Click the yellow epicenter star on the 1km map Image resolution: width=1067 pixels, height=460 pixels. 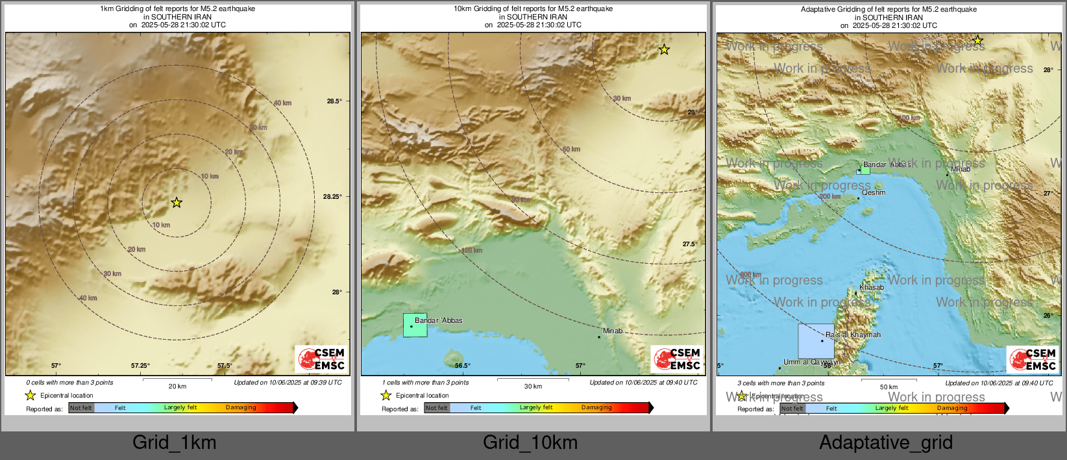pyautogui.click(x=177, y=203)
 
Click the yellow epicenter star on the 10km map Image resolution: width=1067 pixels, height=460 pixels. pyautogui.click(x=664, y=49)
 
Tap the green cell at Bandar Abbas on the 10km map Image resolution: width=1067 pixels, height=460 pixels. pyautogui.click(x=415, y=325)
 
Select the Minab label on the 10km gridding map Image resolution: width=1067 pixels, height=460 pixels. pyautogui.click(x=612, y=331)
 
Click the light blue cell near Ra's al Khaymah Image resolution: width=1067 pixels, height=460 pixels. pyautogui.click(x=816, y=341)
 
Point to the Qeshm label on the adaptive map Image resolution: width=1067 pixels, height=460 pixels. pyautogui.click(x=874, y=192)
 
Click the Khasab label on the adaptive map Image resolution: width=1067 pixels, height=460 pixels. pyautogui.click(x=872, y=287)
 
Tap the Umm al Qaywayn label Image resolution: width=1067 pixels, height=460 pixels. pyautogui.click(x=811, y=362)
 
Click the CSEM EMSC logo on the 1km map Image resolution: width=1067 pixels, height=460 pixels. pyautogui.click(x=322, y=359)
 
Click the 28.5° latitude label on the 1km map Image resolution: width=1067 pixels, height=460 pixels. pyautogui.click(x=334, y=101)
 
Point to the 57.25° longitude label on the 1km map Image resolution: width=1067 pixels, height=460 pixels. pyautogui.click(x=140, y=365)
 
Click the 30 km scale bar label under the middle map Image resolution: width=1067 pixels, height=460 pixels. pyautogui.click(x=533, y=386)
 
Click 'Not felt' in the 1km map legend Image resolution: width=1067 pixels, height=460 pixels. pyautogui.click(x=81, y=408)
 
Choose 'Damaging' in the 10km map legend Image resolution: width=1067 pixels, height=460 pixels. pyautogui.click(x=596, y=407)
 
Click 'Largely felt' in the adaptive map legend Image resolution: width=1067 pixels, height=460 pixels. pyautogui.click(x=892, y=408)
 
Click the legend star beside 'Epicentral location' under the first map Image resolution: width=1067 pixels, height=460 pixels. pyautogui.click(x=30, y=395)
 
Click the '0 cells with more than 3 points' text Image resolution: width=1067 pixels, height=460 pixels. pyautogui.click(x=69, y=383)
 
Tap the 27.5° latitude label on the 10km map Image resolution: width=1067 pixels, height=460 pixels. pyautogui.click(x=690, y=244)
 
